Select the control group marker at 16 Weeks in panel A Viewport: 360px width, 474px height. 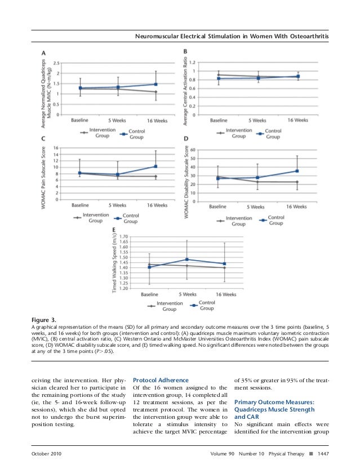[155, 84]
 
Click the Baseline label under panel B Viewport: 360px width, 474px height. [218, 121]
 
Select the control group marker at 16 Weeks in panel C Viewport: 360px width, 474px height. [155, 167]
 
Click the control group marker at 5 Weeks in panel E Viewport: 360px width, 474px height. [187, 260]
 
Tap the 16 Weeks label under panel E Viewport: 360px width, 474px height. [225, 294]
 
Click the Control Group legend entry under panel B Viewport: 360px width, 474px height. [270, 133]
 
